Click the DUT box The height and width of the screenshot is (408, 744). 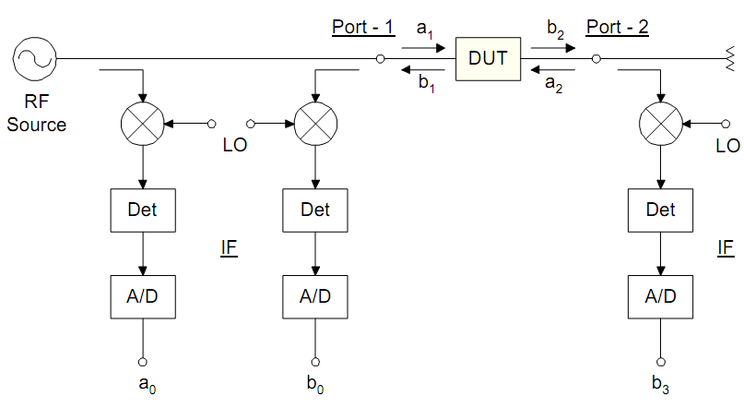(488, 59)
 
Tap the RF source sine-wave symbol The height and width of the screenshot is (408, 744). (34, 59)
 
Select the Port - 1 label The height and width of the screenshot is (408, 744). (363, 27)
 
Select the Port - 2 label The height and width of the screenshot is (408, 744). (618, 27)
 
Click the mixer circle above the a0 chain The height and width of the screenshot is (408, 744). (143, 123)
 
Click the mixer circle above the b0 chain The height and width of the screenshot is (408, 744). (315, 123)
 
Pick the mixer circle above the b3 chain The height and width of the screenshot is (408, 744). (661, 123)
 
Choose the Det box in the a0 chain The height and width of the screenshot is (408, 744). (143, 210)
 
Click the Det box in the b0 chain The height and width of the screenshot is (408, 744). (315, 210)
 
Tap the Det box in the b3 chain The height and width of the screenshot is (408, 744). (661, 210)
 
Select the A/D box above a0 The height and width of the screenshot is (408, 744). (143, 296)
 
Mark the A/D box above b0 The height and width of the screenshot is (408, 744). (315, 296)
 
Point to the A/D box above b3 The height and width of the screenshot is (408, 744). (661, 296)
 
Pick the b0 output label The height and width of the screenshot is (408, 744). (315, 384)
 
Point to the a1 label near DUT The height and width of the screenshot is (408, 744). (425, 28)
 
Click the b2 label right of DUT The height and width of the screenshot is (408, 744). (555, 28)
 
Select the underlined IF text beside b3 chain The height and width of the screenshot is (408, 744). (726, 247)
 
